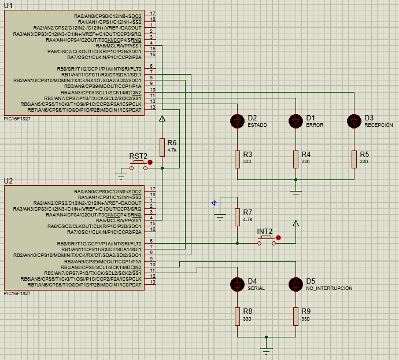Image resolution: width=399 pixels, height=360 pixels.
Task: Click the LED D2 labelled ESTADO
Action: coord(237,122)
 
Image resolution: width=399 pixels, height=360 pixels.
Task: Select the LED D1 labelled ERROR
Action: coord(295,122)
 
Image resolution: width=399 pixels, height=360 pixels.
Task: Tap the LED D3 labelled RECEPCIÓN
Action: coord(354,122)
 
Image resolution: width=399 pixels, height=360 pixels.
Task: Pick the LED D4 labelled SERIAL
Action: coord(237,284)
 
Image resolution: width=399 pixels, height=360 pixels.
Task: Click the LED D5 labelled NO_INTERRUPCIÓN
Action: coord(295,284)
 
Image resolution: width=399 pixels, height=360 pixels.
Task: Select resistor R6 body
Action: coord(162,148)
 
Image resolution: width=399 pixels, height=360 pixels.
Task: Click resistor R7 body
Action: coord(237,217)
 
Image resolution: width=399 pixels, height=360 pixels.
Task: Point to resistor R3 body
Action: coord(237,159)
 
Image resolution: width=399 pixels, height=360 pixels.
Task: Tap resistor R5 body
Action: coord(354,159)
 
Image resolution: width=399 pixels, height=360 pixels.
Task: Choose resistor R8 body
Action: coord(237,317)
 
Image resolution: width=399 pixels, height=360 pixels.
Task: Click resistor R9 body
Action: coord(295,317)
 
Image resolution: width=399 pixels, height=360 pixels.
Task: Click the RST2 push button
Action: coord(138,166)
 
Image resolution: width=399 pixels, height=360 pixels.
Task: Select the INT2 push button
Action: coord(266,241)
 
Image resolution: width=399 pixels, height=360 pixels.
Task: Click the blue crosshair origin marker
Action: coord(215,203)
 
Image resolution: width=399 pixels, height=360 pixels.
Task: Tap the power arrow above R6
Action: coord(162,119)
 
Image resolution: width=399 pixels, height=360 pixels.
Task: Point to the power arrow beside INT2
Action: coord(295,223)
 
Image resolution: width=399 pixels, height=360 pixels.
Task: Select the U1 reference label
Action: coord(8,6)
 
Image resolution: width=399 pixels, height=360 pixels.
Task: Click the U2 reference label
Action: coord(8,181)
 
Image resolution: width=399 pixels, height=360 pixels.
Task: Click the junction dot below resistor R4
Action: coord(295,179)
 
